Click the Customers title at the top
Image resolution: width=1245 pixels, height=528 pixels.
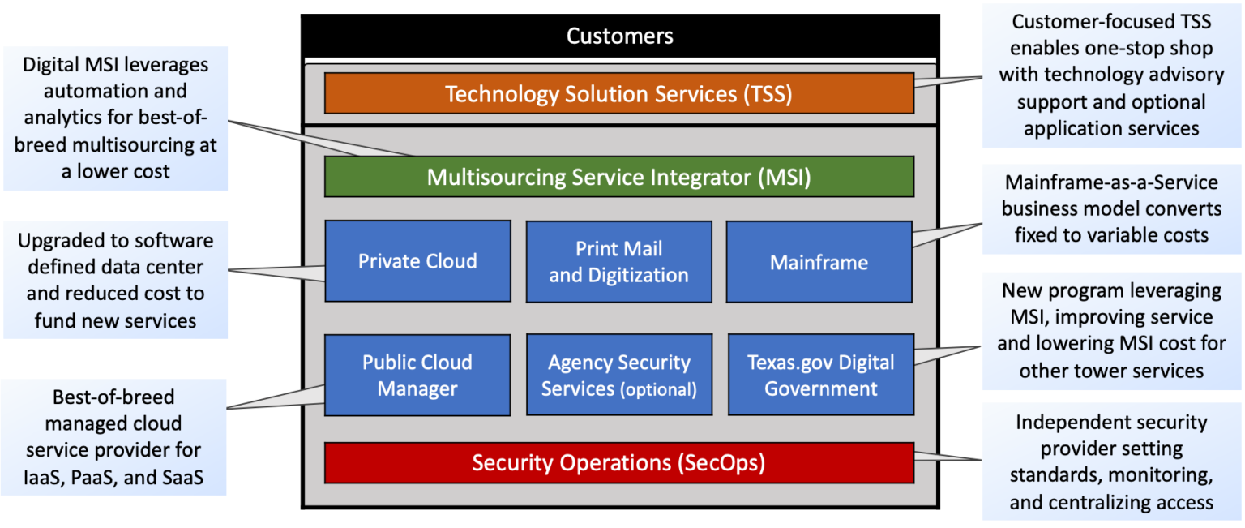pyautogui.click(x=619, y=36)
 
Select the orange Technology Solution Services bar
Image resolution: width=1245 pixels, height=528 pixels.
pyautogui.click(x=618, y=94)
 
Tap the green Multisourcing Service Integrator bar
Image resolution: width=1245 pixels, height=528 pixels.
pyautogui.click(x=618, y=177)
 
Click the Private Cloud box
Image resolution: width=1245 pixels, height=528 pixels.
pyautogui.click(x=417, y=261)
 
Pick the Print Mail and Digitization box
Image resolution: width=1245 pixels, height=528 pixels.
pyautogui.click(x=618, y=261)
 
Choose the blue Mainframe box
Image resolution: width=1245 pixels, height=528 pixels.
pyautogui.click(x=819, y=262)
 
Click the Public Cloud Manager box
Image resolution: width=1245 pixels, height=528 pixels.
pyautogui.click(x=417, y=375)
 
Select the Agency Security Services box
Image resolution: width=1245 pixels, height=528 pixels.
pyautogui.click(x=618, y=375)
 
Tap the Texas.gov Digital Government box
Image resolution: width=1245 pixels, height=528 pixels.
pyautogui.click(x=820, y=375)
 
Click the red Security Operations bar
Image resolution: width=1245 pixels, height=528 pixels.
pyautogui.click(x=618, y=462)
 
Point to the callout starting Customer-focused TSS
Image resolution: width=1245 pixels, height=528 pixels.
pyautogui.click(x=1110, y=75)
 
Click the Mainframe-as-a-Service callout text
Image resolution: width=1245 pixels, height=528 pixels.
pyautogui.click(x=1110, y=209)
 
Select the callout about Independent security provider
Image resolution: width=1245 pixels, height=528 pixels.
pyautogui.click(x=1110, y=462)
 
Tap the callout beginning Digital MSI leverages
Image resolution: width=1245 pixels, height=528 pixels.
pyautogui.click(x=115, y=118)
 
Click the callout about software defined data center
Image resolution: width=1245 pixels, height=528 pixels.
pyautogui.click(x=115, y=281)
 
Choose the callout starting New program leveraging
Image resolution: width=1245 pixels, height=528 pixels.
pyautogui.click(x=1110, y=330)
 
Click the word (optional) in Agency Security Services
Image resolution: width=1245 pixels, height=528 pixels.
pyautogui.click(x=658, y=390)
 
